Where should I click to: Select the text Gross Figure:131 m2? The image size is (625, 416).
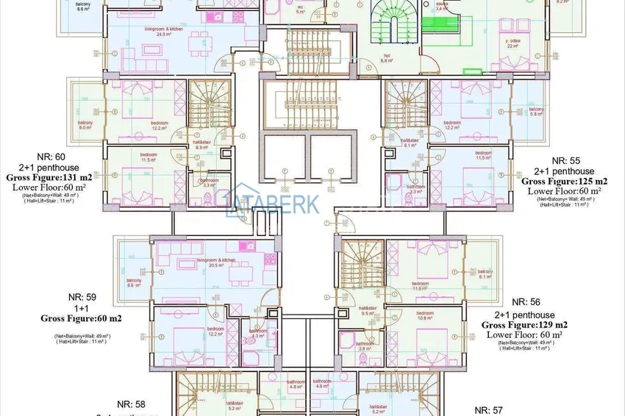[x=51, y=178]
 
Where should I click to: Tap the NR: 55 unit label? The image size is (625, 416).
[x=565, y=160]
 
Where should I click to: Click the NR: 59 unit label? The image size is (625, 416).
[x=81, y=297]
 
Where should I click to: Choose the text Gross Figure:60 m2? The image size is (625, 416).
[x=81, y=318]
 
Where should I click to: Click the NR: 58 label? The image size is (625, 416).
[x=131, y=404]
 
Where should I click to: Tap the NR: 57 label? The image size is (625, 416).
[x=488, y=409]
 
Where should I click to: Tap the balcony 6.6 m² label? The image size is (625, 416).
[x=133, y=283]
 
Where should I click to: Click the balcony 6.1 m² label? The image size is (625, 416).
[x=485, y=273]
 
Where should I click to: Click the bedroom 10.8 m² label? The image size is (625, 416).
[x=424, y=315]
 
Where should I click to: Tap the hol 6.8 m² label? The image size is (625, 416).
[x=386, y=60]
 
